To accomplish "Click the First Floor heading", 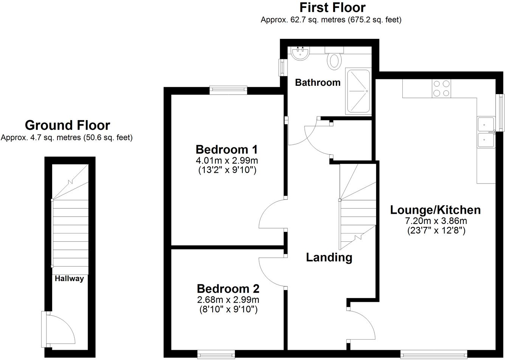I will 332,8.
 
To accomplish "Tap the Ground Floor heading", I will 67,125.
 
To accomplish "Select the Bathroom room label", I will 318,82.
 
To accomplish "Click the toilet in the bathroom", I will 334,59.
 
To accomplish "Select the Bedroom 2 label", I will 228,289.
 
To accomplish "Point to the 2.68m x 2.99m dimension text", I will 228,300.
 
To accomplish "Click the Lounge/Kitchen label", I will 435,210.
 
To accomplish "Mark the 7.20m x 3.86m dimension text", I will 436,221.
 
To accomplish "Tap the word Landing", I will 329,258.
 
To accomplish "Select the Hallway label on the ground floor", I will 69,279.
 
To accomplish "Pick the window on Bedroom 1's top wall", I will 229,90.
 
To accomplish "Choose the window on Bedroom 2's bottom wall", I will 216,354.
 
